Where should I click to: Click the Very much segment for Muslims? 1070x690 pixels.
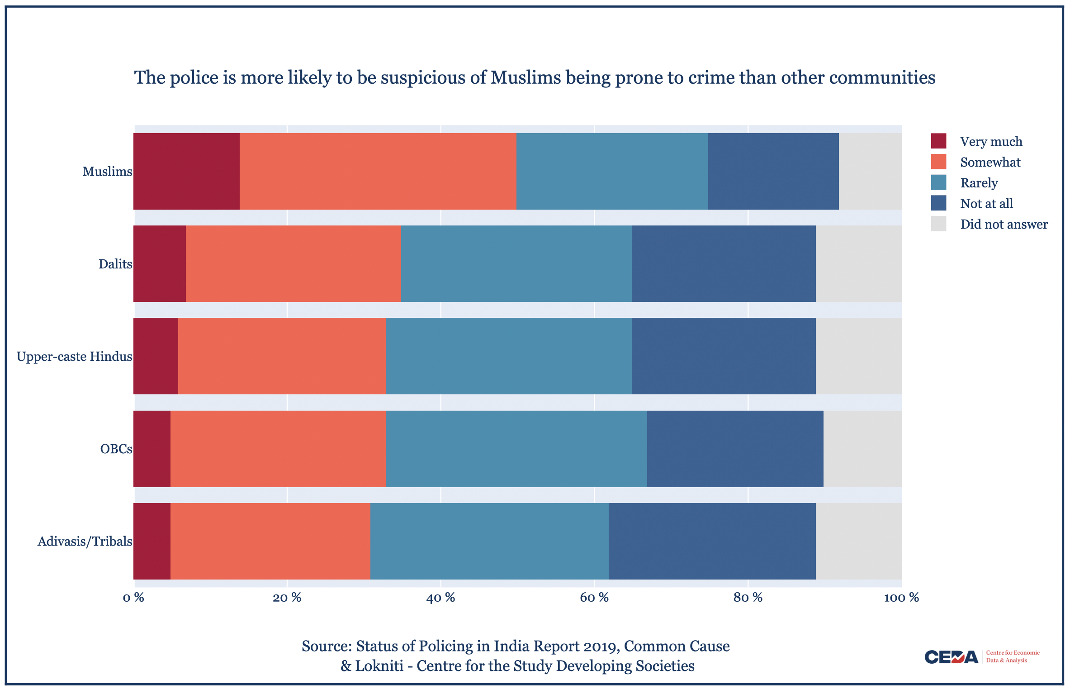coord(186,171)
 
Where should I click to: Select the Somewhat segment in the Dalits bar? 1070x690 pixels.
coord(293,264)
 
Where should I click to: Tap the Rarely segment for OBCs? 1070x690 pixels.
coord(516,449)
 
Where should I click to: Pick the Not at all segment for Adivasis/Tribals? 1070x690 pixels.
coord(712,541)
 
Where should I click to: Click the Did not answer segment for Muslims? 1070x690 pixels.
coord(870,171)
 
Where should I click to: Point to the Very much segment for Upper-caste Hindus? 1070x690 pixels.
coord(156,356)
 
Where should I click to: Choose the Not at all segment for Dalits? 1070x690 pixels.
coord(724,264)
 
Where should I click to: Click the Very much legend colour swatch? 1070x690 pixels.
coord(938,141)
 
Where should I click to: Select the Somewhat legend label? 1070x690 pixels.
coord(990,162)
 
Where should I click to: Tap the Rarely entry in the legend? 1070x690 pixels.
coord(979,183)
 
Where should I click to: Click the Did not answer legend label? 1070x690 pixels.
coord(1004,224)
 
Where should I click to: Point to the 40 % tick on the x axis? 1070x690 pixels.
coord(440,598)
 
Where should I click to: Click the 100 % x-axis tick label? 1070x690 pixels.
coord(901,598)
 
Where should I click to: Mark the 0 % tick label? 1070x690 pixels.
coord(133,598)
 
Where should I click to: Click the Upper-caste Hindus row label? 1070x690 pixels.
coord(74,356)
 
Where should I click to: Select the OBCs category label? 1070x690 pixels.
coord(116,449)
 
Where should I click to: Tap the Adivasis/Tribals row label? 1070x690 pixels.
coord(85,541)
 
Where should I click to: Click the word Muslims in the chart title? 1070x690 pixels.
coord(526,77)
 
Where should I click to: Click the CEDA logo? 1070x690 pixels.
coord(951,656)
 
